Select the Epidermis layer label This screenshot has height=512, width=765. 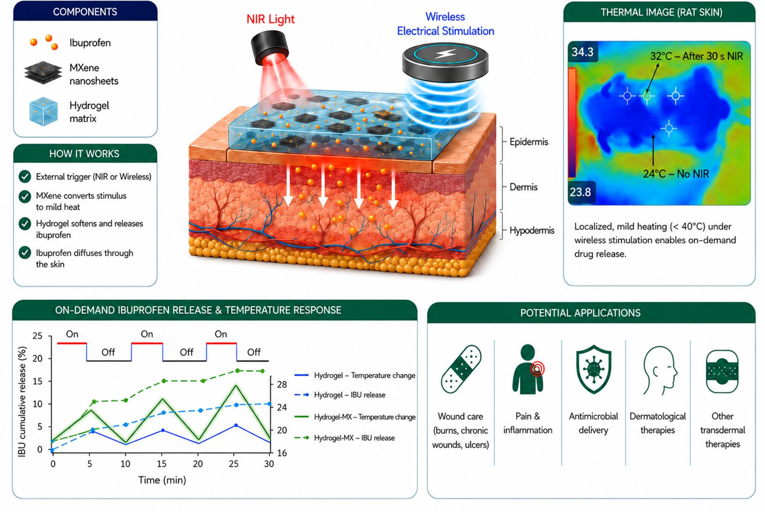coord(528,142)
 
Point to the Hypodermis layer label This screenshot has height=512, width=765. coord(532,230)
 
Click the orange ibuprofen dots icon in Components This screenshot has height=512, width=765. coord(44,42)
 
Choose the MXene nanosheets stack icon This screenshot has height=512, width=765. coord(43,73)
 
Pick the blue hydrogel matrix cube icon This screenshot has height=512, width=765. coord(43,111)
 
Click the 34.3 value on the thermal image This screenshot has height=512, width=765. coord(582,52)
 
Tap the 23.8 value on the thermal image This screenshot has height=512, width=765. coord(580,192)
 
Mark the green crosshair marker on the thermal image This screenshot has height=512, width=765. coord(647,96)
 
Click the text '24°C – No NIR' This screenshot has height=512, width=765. coord(676,174)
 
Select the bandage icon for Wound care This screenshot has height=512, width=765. coord(461,369)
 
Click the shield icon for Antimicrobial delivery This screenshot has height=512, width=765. coord(593,369)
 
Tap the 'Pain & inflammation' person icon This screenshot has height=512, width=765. coord(528,369)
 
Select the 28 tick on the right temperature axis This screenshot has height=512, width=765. coord(282,384)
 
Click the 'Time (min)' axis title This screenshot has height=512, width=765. coord(162,480)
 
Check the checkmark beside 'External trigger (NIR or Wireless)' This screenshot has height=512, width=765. coord(25,176)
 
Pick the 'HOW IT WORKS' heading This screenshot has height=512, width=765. coord(84,154)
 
